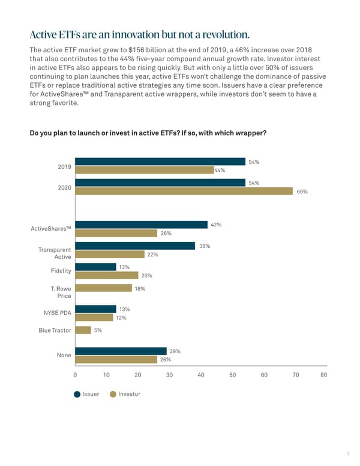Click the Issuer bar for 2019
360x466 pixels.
(160, 162)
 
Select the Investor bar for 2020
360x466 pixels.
(184, 191)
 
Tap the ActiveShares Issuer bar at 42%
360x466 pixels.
(141, 225)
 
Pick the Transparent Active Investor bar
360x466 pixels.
(110, 255)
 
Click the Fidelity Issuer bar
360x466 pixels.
(95, 267)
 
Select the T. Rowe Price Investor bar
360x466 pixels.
(103, 288)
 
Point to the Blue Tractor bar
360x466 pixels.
(83, 330)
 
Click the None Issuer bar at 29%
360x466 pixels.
(121, 351)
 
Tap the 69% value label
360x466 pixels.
(302, 192)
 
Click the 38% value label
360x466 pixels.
(204, 246)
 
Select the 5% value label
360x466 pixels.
(98, 330)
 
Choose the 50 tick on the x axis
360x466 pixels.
(232, 375)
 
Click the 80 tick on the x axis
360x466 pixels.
(324, 375)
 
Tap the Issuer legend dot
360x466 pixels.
(77, 395)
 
